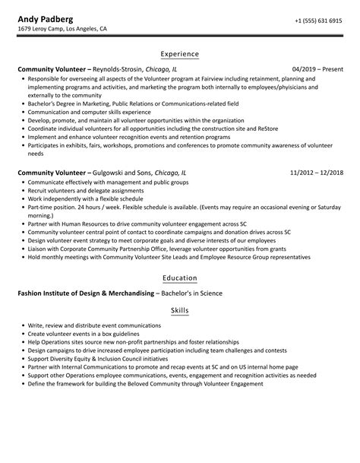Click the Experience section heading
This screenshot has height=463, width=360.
(180, 54)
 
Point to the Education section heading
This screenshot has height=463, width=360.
(180, 277)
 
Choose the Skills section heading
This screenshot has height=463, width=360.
(180, 311)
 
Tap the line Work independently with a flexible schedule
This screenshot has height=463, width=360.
(93, 200)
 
